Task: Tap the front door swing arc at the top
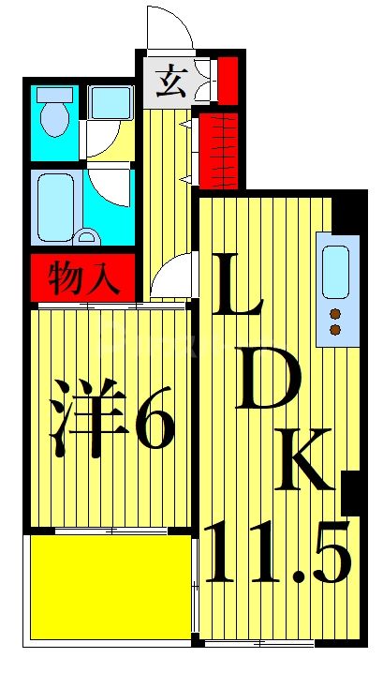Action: click(x=169, y=25)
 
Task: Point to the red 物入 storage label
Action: click(x=84, y=277)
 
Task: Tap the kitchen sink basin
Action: click(x=334, y=266)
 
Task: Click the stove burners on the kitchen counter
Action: click(x=334, y=321)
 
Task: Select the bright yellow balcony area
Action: click(x=105, y=587)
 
